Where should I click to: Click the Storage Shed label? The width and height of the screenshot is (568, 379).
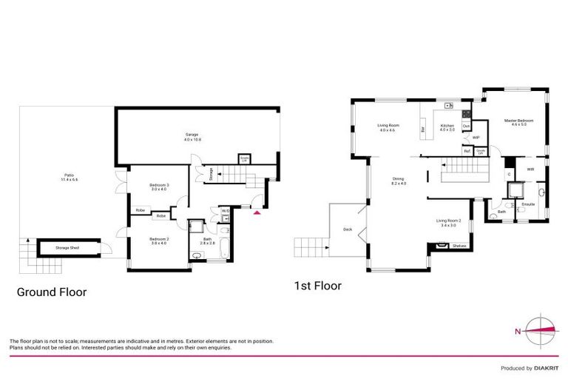[67, 247]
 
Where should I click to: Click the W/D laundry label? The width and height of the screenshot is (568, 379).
[226, 211]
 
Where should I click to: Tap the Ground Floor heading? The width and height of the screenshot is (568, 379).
[52, 292]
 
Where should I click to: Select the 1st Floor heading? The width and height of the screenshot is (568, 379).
[319, 285]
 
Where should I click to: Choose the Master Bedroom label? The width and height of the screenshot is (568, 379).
[518, 121]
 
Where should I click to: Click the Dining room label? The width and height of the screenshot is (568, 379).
[398, 180]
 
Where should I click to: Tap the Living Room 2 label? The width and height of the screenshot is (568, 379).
[450, 221]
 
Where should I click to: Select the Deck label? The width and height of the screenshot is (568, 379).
[348, 229]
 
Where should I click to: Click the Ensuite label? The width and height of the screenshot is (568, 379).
[528, 204]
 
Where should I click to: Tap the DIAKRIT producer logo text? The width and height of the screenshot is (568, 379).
[544, 368]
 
